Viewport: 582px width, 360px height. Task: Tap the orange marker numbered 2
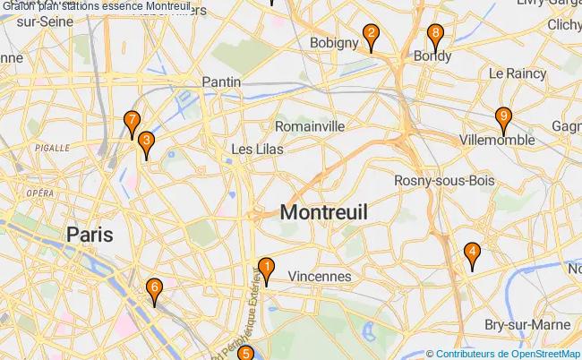point(370,37)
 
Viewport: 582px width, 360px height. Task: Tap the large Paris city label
point(90,234)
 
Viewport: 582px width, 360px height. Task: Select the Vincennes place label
point(320,277)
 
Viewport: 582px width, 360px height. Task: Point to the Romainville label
point(310,126)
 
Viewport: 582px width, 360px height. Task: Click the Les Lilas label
point(257,149)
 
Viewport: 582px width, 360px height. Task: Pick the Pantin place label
point(221,81)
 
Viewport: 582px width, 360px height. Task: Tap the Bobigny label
point(334,42)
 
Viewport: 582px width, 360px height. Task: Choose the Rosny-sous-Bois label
point(444,181)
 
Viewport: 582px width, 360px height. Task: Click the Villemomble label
point(497,140)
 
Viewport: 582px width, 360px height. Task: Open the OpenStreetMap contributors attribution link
point(509,353)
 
